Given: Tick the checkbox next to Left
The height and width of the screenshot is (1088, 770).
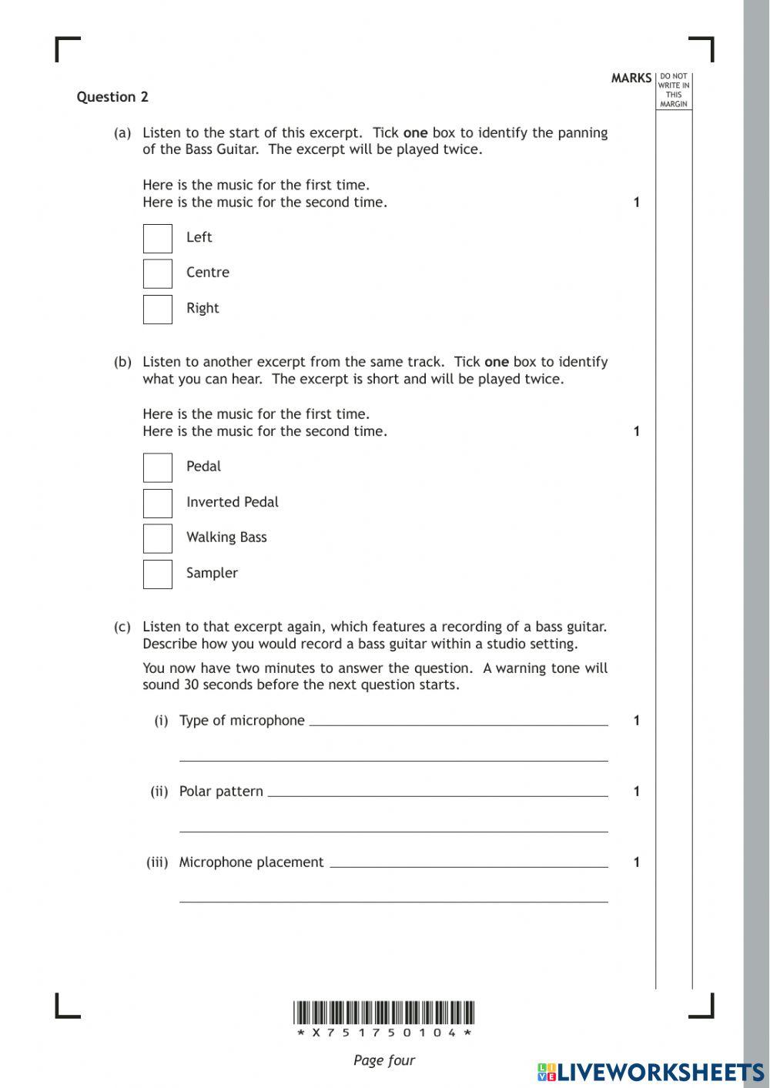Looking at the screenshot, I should (x=158, y=239).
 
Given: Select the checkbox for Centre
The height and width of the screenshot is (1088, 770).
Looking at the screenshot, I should (x=158, y=274).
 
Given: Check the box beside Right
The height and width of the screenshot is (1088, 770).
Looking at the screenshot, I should (x=158, y=310).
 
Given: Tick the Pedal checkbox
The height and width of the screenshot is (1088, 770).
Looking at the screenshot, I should (x=158, y=468).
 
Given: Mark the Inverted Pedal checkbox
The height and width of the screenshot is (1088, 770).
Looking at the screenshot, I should (x=158, y=504).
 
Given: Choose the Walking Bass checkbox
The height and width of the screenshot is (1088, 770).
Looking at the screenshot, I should (x=158, y=539).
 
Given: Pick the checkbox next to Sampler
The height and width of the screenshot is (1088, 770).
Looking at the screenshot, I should (x=158, y=574).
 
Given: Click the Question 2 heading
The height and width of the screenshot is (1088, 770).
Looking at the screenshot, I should (x=112, y=97).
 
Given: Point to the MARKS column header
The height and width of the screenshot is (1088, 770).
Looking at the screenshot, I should (x=631, y=79).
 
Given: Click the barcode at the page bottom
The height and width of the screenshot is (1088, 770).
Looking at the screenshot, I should (x=383, y=1013).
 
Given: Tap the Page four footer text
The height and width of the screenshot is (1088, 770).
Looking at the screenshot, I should (x=383, y=1060).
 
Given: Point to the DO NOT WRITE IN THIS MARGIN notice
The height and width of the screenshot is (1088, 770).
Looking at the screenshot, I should (x=674, y=91).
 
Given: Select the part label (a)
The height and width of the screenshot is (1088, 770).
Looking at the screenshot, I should (x=122, y=133).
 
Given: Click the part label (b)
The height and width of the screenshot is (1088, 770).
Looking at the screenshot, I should (x=122, y=362).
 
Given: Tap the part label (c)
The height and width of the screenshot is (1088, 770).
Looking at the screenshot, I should (x=122, y=627).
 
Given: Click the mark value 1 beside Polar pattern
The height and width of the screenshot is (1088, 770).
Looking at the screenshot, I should (x=637, y=792).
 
